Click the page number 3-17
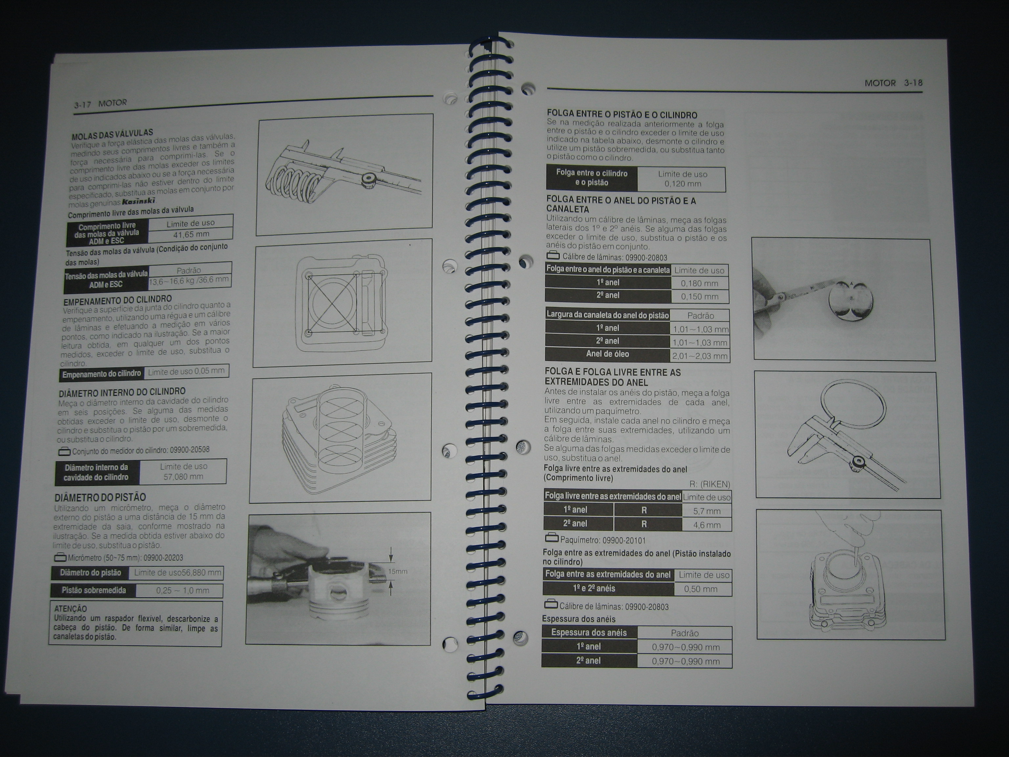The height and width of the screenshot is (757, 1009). pos(82,105)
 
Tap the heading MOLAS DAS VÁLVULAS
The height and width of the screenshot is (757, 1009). pos(112,135)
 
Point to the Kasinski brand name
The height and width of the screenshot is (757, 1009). pos(139,201)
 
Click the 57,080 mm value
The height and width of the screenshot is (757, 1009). pos(183,477)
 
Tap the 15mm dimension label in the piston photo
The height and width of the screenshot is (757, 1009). pos(398,571)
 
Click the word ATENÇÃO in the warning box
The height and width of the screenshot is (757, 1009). pos(70,609)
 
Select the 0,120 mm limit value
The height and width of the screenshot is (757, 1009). pos(683,184)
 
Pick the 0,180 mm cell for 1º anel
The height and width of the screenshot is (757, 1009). pos(699,283)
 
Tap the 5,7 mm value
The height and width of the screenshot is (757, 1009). pos(706,511)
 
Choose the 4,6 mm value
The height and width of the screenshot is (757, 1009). pos(706,525)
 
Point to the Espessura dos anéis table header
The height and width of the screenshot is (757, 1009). pos(589,632)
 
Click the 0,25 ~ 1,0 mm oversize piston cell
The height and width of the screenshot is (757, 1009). pos(183,590)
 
